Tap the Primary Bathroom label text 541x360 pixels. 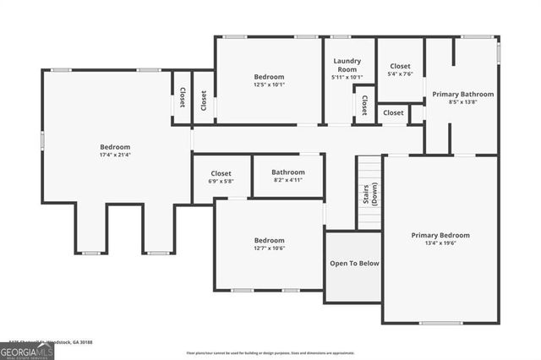462,94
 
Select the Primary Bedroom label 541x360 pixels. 440,235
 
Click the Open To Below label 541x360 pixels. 354,264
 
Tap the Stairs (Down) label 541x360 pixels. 369,194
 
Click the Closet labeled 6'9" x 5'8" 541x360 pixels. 221,177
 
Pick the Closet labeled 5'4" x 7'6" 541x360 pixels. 400,68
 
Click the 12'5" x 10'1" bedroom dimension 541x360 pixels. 269,85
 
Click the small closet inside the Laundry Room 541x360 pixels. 364,105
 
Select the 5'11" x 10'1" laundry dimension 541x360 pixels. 347,77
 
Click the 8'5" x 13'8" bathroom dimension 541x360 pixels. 462,102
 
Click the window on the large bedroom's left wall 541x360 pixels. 42,140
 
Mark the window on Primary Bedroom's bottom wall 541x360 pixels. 440,323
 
